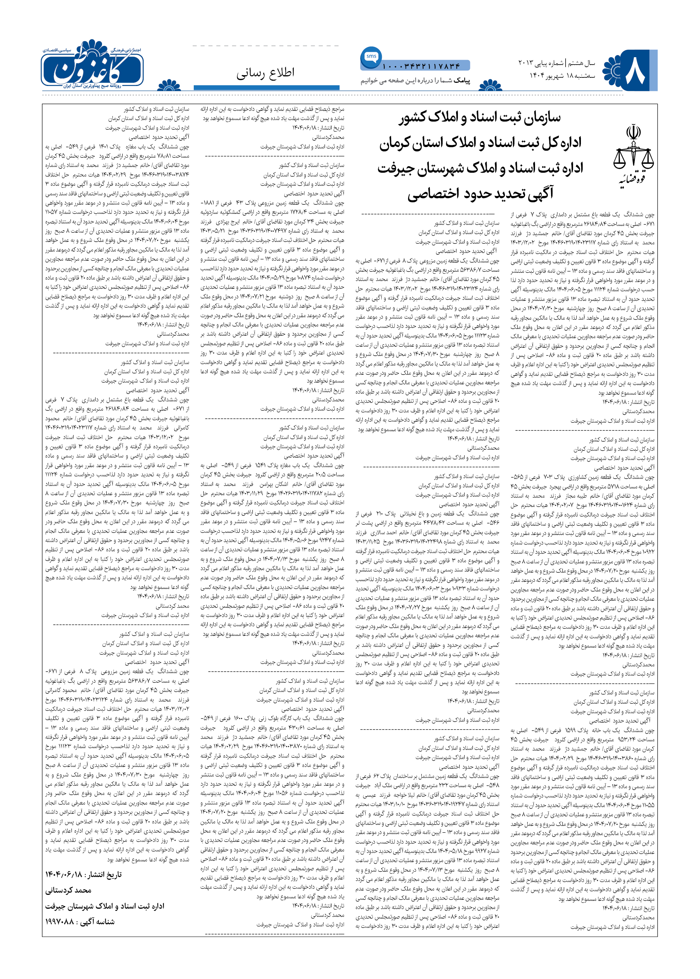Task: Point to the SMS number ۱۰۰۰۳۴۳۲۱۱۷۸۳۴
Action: click(x=421, y=66)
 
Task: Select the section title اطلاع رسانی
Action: click(x=266, y=73)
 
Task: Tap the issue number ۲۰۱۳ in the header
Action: click(x=526, y=63)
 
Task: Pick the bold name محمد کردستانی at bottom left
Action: click(x=69, y=890)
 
